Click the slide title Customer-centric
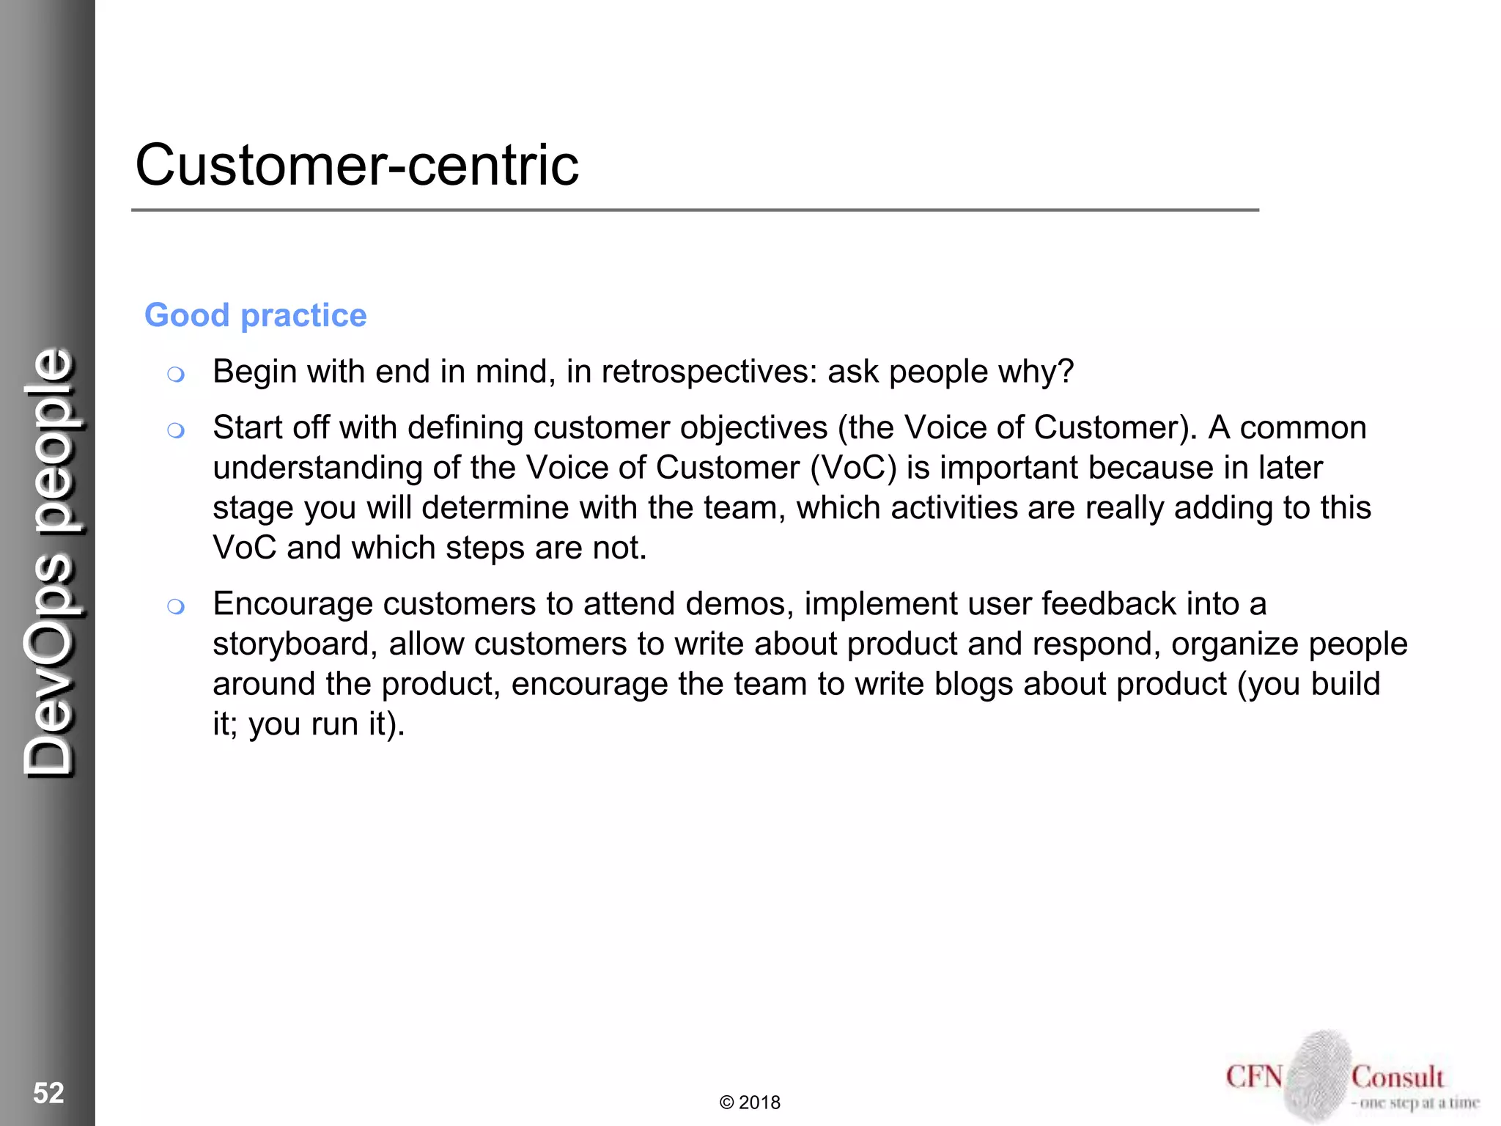pos(357,165)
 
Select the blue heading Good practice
pos(255,315)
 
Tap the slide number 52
pos(48,1093)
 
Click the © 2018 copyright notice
pos(750,1103)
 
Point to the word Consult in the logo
pos(1397,1077)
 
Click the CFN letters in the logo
pos(1254,1077)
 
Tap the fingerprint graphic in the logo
pos(1318,1075)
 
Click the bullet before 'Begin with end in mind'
pos(175,375)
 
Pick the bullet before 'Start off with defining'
pos(175,430)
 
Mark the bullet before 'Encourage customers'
pos(175,606)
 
